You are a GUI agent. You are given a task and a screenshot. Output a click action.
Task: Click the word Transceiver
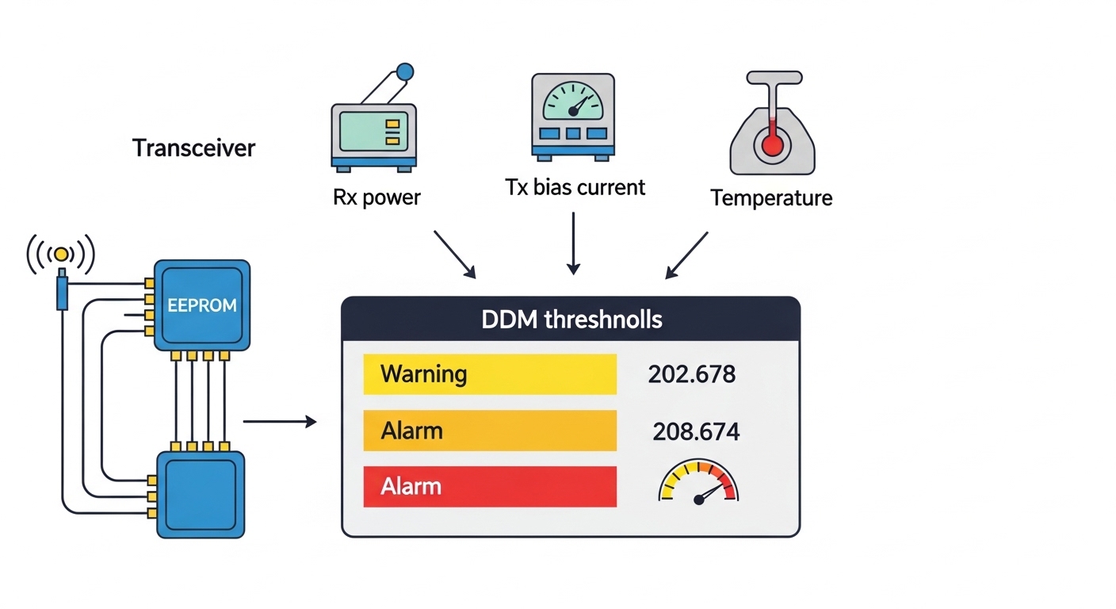coord(194,148)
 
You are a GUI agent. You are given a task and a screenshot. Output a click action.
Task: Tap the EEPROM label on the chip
coord(201,305)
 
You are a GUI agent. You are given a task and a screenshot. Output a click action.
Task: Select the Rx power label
coord(376,197)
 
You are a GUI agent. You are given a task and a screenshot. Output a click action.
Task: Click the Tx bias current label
coord(575,187)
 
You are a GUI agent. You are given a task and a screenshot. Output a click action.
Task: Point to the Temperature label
coord(771,197)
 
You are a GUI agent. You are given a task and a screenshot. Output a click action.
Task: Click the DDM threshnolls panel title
coord(571,320)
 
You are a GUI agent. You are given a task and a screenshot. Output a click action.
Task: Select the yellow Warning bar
coord(489,373)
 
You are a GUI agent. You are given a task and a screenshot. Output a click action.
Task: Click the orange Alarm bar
coord(489,431)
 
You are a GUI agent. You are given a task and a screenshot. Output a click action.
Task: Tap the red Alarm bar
coord(489,486)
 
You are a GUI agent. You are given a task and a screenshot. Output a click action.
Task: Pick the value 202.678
coord(691,373)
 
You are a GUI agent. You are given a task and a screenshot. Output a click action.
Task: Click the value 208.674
coord(696,431)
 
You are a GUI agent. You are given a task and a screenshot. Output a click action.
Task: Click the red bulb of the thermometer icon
coord(770,144)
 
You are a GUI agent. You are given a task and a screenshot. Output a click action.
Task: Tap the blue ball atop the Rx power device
coord(404,72)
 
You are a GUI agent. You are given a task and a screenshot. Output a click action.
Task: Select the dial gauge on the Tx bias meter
coord(573,102)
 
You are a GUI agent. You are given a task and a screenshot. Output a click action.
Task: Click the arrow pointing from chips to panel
coord(279,422)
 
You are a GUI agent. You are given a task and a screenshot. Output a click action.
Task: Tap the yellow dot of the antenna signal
coord(61,255)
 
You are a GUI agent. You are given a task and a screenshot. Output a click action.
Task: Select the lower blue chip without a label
coord(201,494)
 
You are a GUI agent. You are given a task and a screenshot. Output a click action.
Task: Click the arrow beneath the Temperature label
coord(686,255)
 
